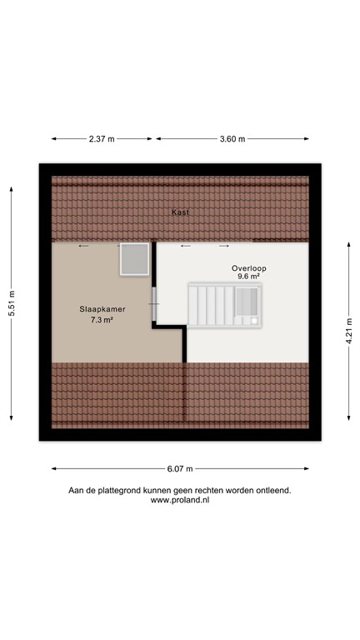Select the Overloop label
(x=248, y=267)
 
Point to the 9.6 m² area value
(x=248, y=277)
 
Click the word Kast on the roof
(x=180, y=212)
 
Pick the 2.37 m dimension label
(x=102, y=139)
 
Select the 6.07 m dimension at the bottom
(x=178, y=467)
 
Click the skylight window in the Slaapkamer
(x=132, y=258)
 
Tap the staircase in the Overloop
(x=224, y=305)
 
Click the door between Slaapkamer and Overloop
(x=154, y=304)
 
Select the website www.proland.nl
(x=180, y=501)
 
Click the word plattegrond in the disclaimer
(x=133, y=491)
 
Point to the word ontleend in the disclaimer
(x=273, y=491)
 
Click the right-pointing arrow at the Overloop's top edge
(x=224, y=246)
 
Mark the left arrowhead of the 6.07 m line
(x=53, y=467)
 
